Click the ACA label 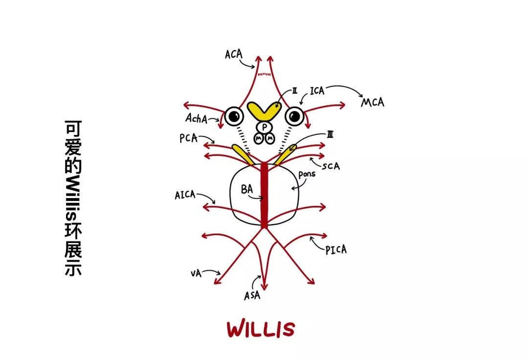point(233,54)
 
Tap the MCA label point(373,102)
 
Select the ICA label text point(317,90)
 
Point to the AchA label point(196,118)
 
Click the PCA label point(188,138)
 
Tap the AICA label point(185,195)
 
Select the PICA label point(336,249)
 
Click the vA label point(196,272)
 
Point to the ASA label point(252,295)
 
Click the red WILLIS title point(261,329)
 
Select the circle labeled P point(264,127)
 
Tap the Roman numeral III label point(330,135)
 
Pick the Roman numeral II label point(295,90)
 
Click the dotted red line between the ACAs point(264,74)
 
